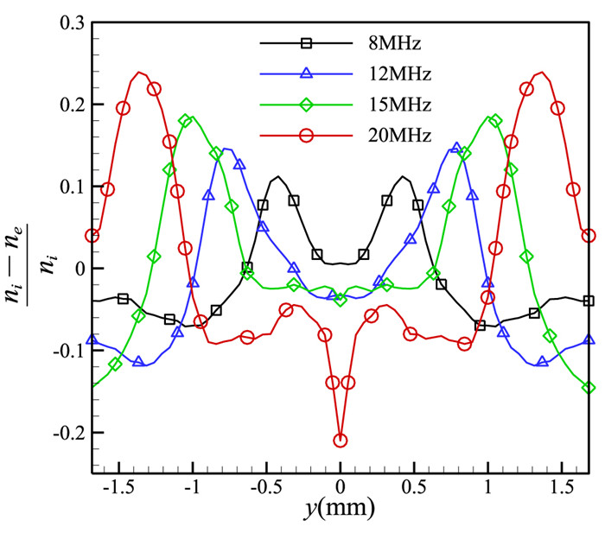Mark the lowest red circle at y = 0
coord(341,441)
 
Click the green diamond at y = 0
coord(341,299)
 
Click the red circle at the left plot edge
coord(92,235)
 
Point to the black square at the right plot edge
coord(589,301)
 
